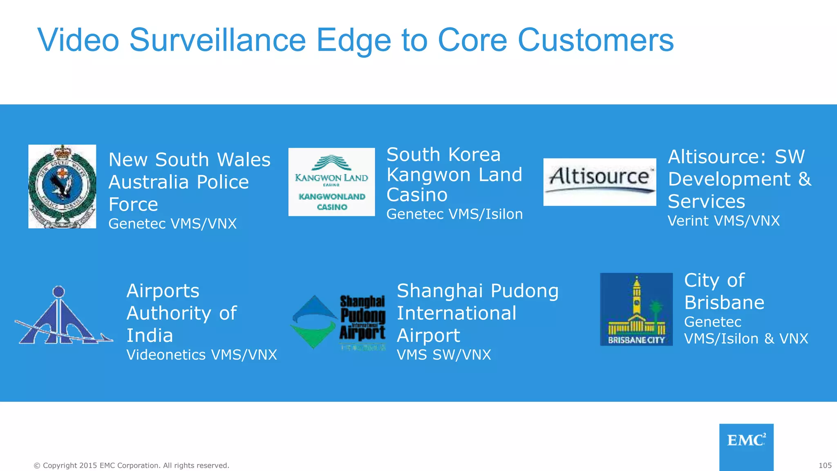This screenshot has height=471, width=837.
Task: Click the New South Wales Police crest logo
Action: point(62,186)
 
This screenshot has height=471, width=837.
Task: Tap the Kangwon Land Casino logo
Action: point(331,182)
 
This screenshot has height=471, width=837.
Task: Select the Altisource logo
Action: point(600,182)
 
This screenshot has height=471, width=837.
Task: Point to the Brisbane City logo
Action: point(636,309)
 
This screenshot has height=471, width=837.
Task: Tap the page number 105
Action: point(825,465)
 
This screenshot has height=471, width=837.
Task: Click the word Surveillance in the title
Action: point(217,40)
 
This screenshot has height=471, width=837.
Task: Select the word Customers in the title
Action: point(595,40)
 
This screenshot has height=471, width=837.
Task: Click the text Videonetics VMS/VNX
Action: point(201,355)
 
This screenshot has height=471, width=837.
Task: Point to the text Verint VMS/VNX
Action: point(723,221)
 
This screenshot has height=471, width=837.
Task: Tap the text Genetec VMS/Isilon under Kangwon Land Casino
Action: point(454,214)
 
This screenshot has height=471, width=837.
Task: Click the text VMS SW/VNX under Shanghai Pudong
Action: point(444,355)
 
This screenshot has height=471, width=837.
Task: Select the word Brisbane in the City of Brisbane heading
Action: point(724,303)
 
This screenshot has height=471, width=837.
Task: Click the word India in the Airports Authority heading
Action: point(150,336)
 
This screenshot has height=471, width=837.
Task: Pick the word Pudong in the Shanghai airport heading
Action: point(524,291)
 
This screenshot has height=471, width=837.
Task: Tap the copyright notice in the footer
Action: point(131,465)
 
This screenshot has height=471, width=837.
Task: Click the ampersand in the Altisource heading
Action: point(804,179)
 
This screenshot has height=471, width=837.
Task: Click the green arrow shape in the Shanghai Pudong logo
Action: point(314,335)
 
